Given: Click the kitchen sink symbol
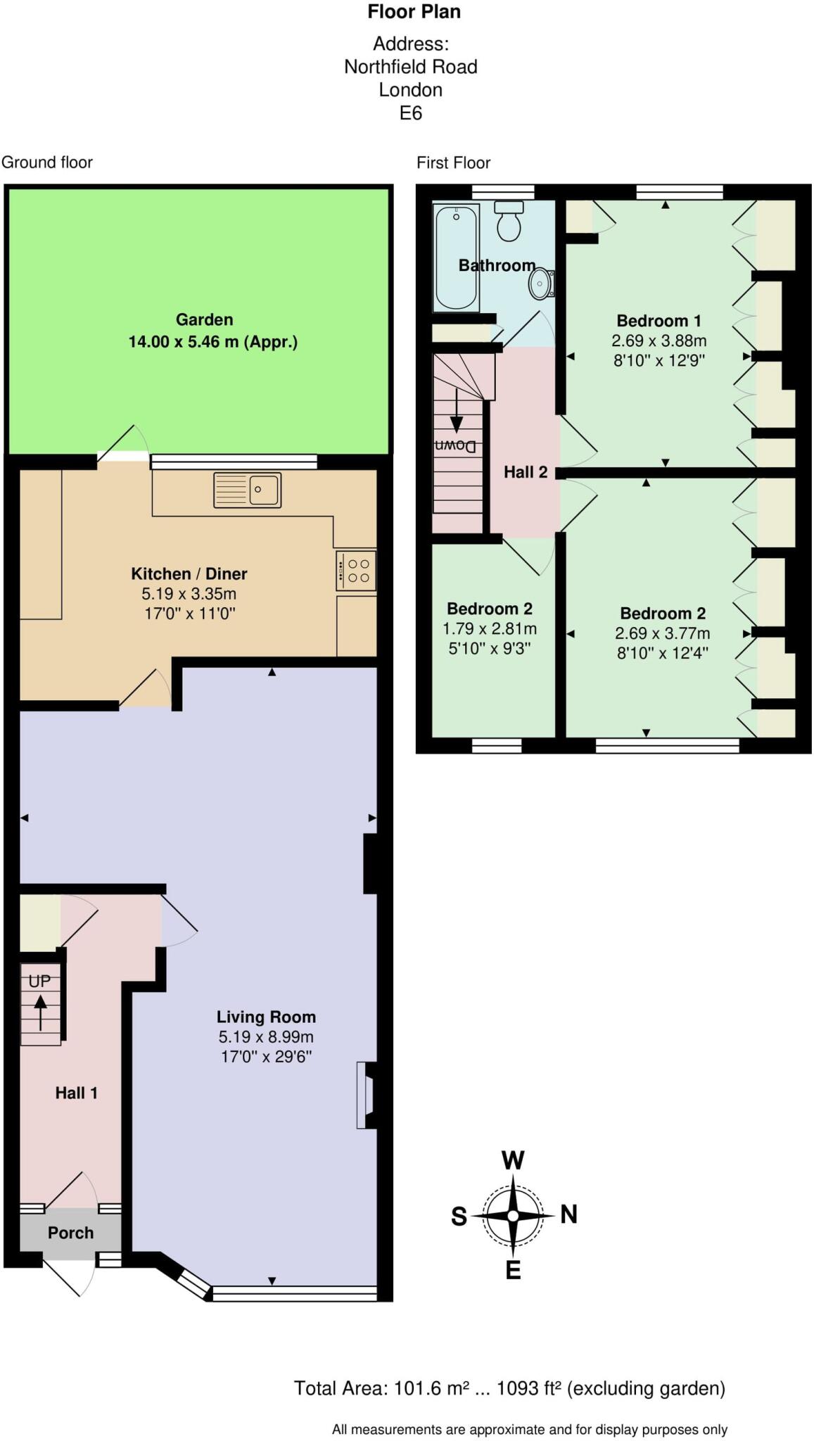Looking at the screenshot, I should [x=248, y=490].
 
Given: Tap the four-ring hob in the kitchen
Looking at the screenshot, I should [x=356, y=570].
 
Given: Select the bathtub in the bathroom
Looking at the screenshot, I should [x=457, y=258].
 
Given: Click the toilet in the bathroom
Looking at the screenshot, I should [x=509, y=221].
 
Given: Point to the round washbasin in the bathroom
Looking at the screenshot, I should [x=540, y=284].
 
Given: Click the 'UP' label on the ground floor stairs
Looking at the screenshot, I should [x=39, y=981].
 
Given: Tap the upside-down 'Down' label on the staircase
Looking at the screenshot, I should [x=456, y=446].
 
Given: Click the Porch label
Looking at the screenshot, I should [x=70, y=1233].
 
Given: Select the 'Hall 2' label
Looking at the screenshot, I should [x=526, y=472].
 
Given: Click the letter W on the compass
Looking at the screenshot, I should [x=513, y=1160].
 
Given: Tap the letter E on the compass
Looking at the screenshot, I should [x=513, y=1270].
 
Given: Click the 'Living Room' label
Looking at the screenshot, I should [x=266, y=1017].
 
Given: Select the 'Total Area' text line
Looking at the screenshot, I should [x=509, y=1388].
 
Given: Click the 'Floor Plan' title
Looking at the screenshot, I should [x=414, y=11].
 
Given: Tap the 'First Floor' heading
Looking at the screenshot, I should [x=453, y=163].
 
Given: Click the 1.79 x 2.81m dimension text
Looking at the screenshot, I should [x=489, y=628].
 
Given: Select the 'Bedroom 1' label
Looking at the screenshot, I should [x=659, y=321].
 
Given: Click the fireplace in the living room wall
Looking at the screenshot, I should [x=366, y=1096].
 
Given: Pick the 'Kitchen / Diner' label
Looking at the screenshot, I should [x=189, y=573].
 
